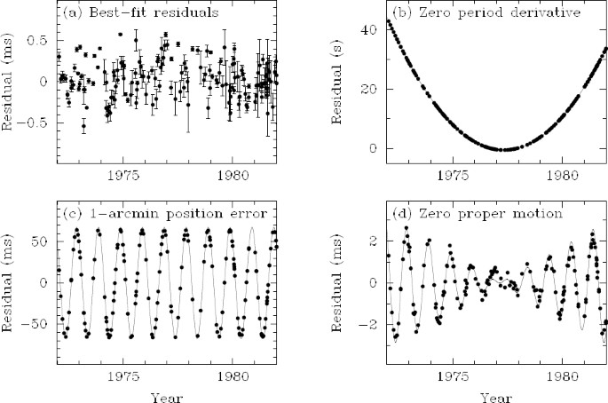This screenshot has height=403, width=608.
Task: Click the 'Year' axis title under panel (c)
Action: click(x=168, y=395)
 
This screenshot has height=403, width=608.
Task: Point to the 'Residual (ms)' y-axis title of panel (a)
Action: click(x=11, y=84)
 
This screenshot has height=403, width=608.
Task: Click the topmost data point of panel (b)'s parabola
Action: click(x=388, y=20)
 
